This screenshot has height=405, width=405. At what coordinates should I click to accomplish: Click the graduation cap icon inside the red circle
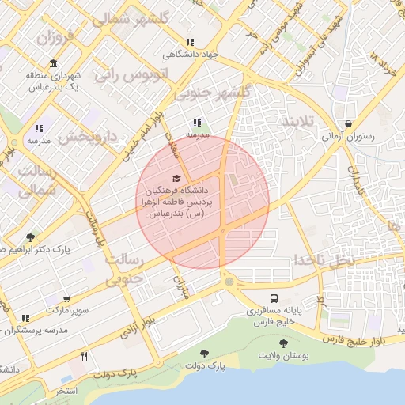click(x=176, y=178)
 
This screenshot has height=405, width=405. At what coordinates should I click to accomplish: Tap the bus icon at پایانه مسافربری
click(x=274, y=299)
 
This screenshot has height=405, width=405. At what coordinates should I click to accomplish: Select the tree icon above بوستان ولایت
click(x=283, y=343)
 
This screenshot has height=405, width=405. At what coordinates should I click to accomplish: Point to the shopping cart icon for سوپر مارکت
click(x=66, y=299)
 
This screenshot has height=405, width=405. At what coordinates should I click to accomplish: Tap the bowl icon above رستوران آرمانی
click(x=349, y=123)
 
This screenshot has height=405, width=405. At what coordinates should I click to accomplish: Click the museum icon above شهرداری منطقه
click(x=52, y=63)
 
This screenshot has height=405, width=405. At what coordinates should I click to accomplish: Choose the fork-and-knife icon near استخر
click(x=84, y=357)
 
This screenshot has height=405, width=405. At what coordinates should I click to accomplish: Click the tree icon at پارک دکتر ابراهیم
click(x=31, y=237)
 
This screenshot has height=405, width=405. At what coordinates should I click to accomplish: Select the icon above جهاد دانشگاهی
click(x=189, y=42)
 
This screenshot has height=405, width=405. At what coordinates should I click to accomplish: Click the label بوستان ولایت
click(x=283, y=358)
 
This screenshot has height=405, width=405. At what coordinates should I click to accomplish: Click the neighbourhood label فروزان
click(x=54, y=37)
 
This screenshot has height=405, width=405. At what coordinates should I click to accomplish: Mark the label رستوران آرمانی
click(x=349, y=136)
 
